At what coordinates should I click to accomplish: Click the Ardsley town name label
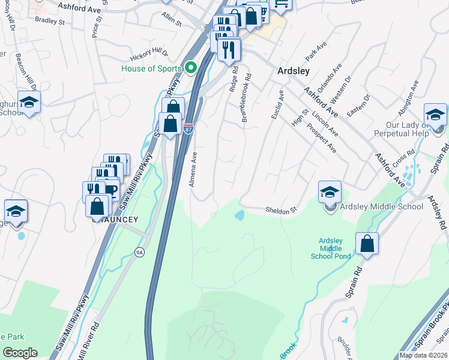294,71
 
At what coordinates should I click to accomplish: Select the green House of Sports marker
191,67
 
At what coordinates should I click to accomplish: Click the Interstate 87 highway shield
188,129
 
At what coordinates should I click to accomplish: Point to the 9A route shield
139,253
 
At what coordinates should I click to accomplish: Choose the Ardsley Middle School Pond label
330,248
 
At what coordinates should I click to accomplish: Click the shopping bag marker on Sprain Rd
367,244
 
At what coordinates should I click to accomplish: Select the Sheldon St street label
282,210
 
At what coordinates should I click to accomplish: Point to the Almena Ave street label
194,169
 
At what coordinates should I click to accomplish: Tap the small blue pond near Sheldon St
239,215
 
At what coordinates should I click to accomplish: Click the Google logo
20,353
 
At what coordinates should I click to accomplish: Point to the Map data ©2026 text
423,355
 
